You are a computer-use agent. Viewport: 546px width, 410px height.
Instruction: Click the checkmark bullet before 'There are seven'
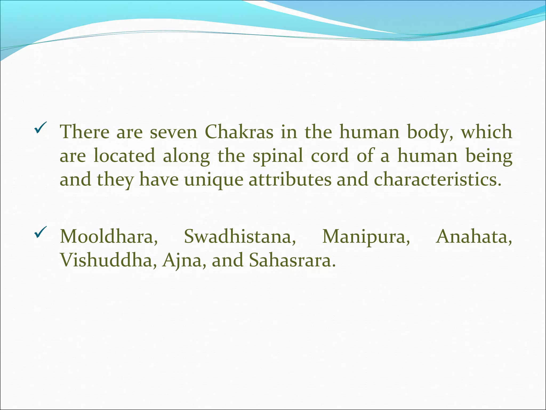coord(41,128)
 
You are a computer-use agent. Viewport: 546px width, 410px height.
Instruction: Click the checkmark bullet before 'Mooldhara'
coord(41,232)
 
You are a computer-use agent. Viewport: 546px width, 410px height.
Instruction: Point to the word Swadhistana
coord(240,236)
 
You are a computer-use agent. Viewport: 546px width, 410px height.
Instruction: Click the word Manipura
coord(366,236)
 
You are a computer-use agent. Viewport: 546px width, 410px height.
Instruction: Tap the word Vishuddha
coord(108,260)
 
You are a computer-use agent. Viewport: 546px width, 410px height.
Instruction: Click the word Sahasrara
coord(292,260)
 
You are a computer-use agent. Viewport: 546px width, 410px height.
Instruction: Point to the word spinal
coord(278,156)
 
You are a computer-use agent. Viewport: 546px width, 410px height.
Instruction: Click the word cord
coord(330,156)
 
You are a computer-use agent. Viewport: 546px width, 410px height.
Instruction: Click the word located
coord(124,156)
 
